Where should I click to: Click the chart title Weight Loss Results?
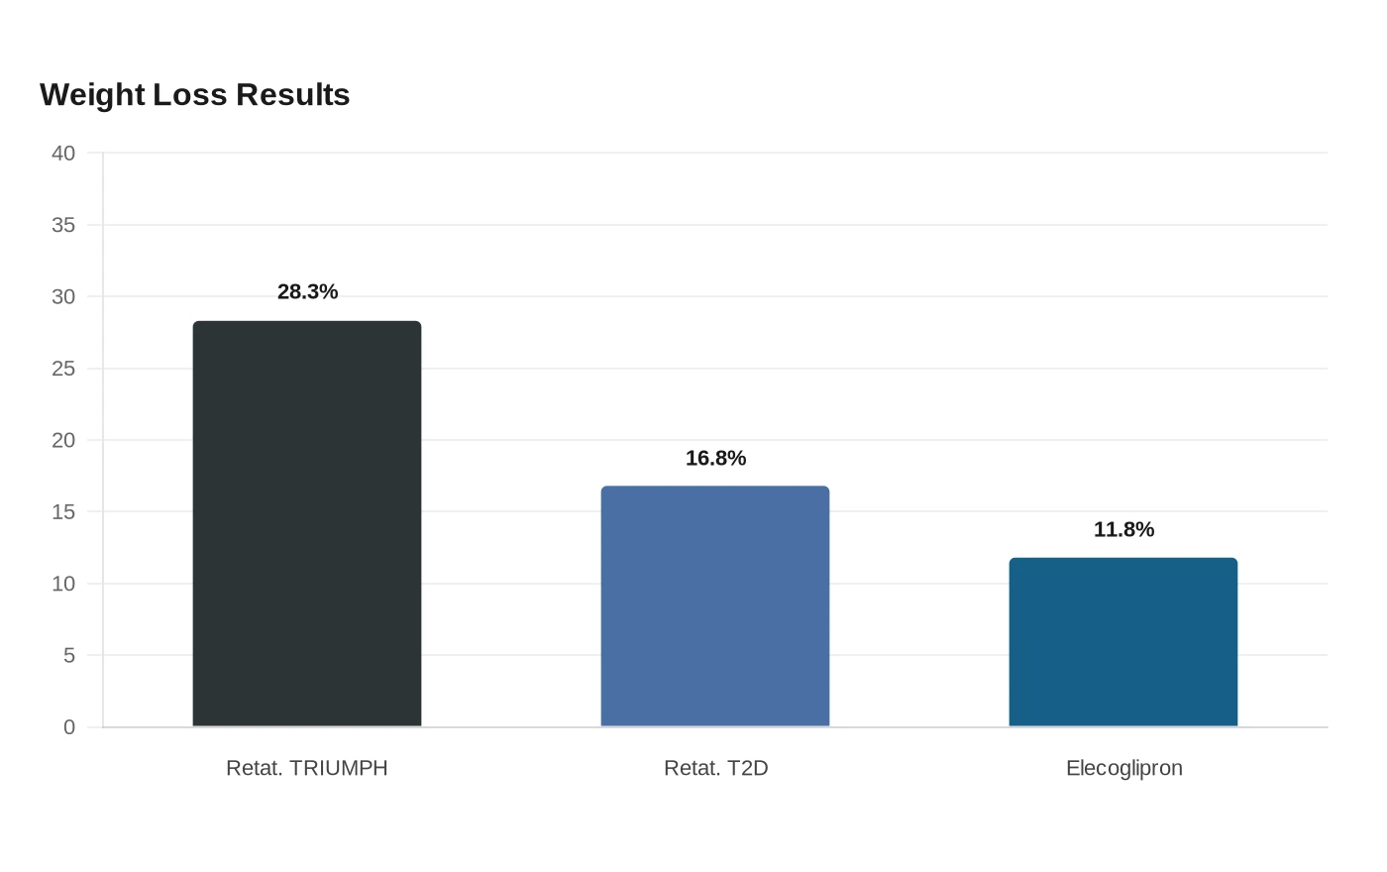[194, 95]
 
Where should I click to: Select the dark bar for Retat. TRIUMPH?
[307, 523]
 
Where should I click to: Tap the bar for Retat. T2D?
[715, 605]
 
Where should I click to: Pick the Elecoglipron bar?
[1123, 642]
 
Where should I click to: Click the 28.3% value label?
[308, 291]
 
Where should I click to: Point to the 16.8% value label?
[715, 458]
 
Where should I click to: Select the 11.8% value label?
[1123, 529]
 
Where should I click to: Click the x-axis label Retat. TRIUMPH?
[307, 768]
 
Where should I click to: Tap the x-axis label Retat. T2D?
[715, 768]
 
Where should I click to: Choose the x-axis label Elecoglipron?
[1124, 769]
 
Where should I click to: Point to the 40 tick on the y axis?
[63, 153]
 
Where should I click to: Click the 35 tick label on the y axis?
[63, 225]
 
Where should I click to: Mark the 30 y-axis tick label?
[63, 296]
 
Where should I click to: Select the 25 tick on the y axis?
[63, 369]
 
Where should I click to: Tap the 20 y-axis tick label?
[63, 440]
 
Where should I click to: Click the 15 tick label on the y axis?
[63, 511]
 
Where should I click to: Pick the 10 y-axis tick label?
[63, 584]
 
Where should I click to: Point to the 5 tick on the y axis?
[69, 655]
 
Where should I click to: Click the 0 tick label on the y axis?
[69, 727]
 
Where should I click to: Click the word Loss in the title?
[190, 95]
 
